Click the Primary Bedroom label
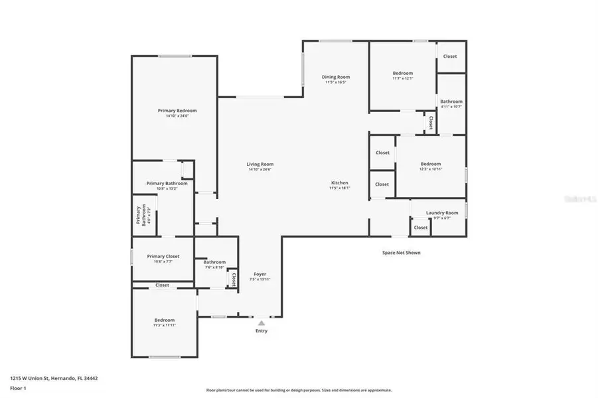[177, 111]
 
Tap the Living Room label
[260, 165]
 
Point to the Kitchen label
[340, 182]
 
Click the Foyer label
[260, 274]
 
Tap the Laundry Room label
[442, 213]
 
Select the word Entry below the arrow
[262, 331]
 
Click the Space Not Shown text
[401, 252]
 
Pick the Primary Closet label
[163, 256]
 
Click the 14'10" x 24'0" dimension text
[177, 116]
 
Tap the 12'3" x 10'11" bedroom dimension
[430, 169]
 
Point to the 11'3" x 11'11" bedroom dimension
[165, 326]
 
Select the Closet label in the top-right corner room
[450, 56]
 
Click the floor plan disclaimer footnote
[299, 390]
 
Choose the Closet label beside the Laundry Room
[421, 228]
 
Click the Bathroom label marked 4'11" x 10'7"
[451, 101]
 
